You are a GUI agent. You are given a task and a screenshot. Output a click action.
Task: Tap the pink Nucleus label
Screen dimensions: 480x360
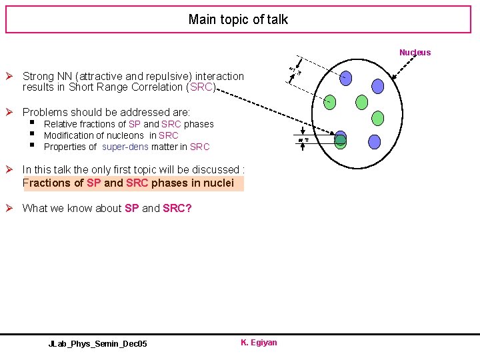click(x=415, y=52)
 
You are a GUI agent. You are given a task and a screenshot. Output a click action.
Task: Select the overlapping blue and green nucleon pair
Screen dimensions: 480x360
click(x=341, y=139)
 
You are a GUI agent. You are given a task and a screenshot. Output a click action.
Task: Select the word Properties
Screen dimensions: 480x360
click(x=65, y=147)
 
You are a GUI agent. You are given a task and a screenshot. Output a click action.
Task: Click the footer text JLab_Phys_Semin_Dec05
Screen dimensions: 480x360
click(x=98, y=343)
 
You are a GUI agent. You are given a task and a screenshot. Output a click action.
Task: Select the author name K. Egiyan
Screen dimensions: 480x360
click(x=259, y=343)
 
